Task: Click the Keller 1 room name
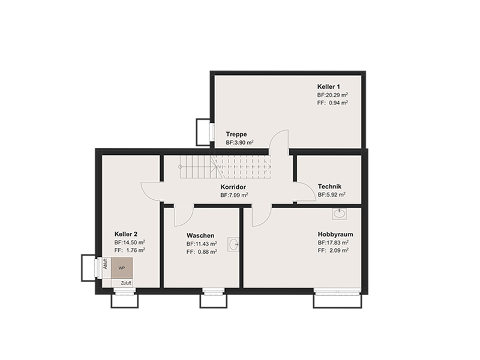point(328,86)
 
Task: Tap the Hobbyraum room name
point(335,234)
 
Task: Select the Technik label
point(329,187)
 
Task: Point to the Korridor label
point(233,187)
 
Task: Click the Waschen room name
point(200,235)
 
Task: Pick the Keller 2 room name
point(126,234)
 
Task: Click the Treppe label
point(236,134)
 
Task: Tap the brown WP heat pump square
point(122,268)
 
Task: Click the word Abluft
point(106,264)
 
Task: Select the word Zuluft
point(126,283)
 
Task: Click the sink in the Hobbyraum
point(340,214)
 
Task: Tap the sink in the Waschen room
point(233,244)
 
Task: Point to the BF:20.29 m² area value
point(332,95)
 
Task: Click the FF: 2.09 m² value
point(333,250)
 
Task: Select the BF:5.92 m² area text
point(332,194)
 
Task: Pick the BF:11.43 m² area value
point(202,244)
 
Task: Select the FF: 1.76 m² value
point(130,250)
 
